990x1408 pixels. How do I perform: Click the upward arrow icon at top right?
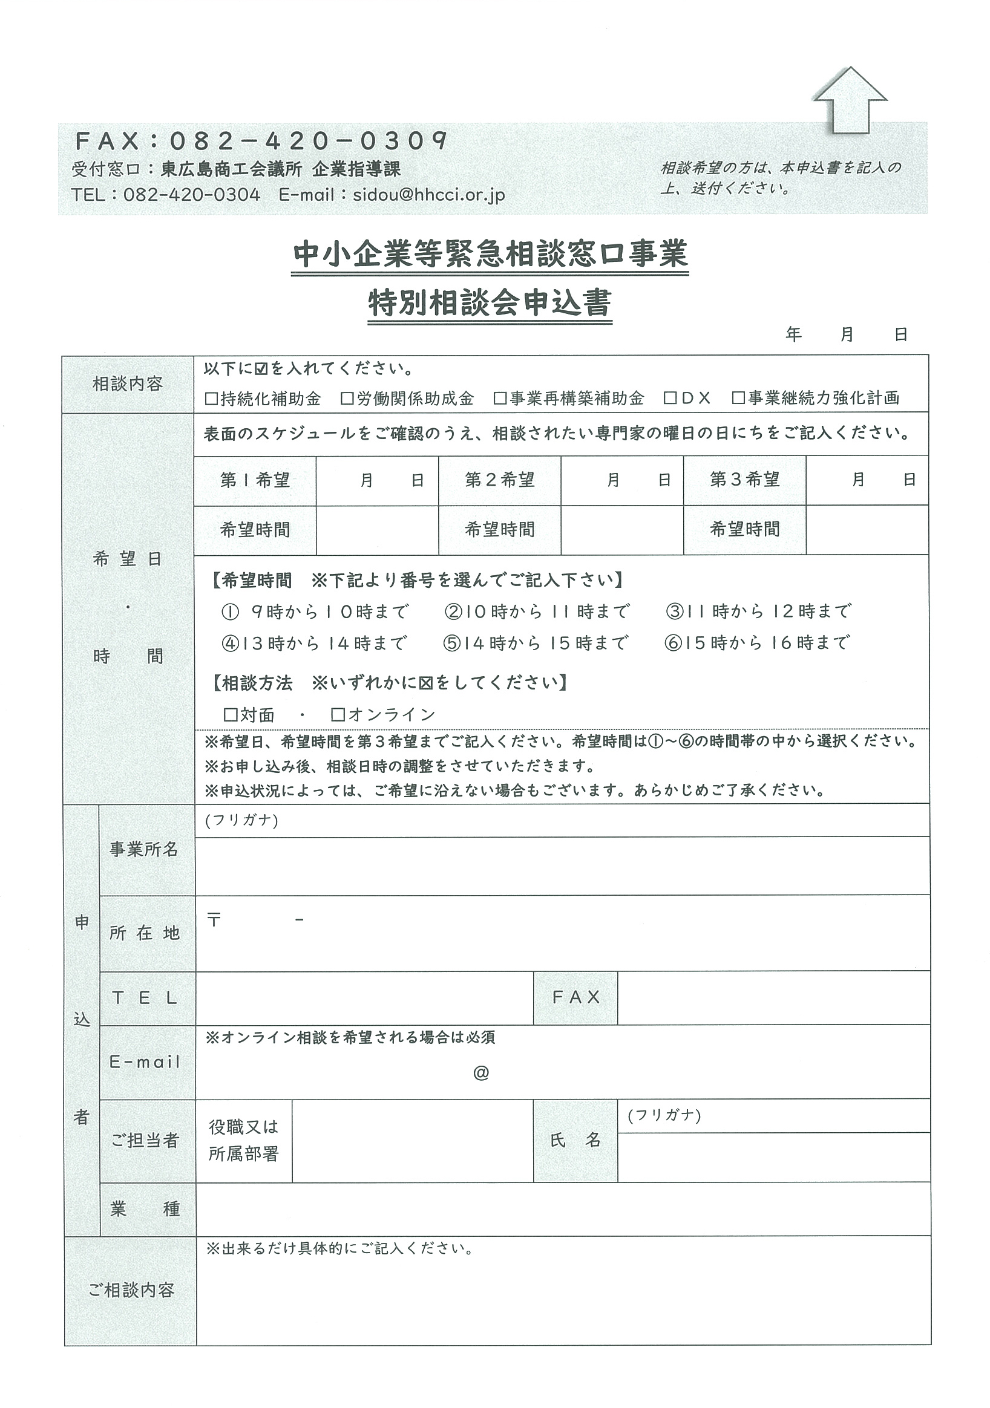click(850, 100)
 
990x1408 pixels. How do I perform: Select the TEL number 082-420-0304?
click(191, 195)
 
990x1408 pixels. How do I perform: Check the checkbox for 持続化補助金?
click(212, 399)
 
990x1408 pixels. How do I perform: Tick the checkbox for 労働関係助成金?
click(348, 399)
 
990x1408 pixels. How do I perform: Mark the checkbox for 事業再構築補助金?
click(500, 399)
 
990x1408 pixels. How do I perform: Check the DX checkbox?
click(670, 399)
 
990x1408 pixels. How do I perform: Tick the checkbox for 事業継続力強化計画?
click(738, 399)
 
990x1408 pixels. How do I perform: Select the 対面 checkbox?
click(231, 714)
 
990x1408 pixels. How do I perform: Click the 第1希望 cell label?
click(255, 480)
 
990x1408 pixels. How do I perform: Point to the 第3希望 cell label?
click(744, 480)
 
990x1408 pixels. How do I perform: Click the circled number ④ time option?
click(230, 644)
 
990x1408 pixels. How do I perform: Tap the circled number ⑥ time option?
click(673, 644)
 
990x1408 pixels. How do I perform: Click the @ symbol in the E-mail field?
click(481, 1072)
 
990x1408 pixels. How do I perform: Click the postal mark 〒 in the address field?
click(214, 920)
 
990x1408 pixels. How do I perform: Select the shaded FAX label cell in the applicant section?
click(575, 997)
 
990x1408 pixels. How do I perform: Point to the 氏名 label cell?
click(575, 1140)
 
